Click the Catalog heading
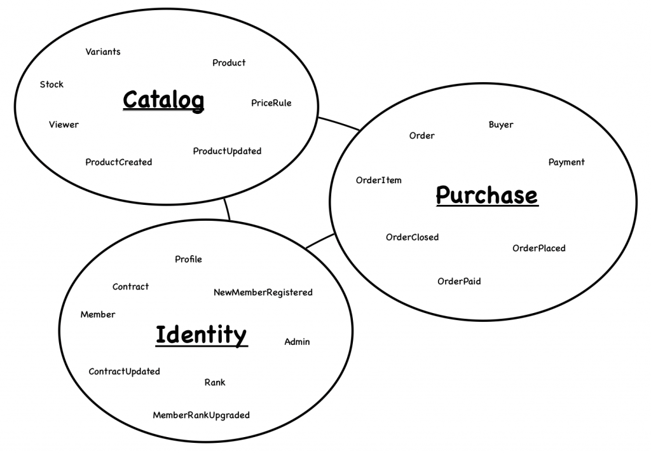point(163,100)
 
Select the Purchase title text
point(487,195)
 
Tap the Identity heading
point(202,335)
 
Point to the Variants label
point(103,52)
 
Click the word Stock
point(51,85)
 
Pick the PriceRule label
point(271,102)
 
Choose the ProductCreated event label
point(119,162)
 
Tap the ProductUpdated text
point(227,151)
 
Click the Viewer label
point(64,124)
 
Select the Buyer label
point(501,125)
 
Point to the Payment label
point(566,162)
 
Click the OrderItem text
point(379,180)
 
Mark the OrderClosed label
point(412,237)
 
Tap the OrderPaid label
point(459,281)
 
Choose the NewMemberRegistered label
point(263,292)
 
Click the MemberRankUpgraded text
point(202,415)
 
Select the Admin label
point(297,342)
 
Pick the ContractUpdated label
point(124,371)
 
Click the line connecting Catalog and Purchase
point(339,123)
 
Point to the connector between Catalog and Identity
point(227,209)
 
